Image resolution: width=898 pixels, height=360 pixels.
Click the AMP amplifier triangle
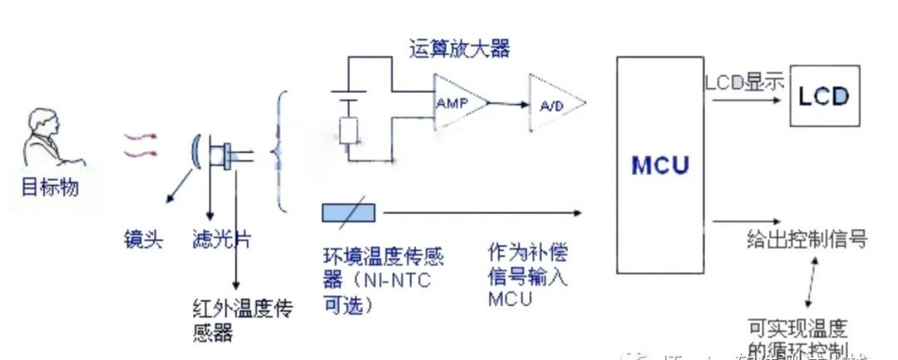(x=455, y=101)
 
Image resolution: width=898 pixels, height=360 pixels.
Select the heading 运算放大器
(x=459, y=49)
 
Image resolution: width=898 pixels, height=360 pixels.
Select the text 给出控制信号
(x=807, y=240)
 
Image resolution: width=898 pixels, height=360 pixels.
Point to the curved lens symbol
(x=195, y=155)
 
